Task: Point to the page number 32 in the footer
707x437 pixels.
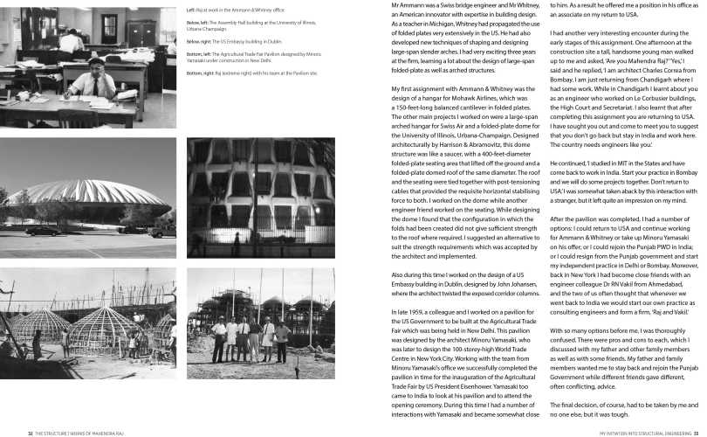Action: pos(30,432)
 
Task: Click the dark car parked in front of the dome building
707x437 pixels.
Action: pos(52,230)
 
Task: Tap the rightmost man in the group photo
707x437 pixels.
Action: pos(282,342)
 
